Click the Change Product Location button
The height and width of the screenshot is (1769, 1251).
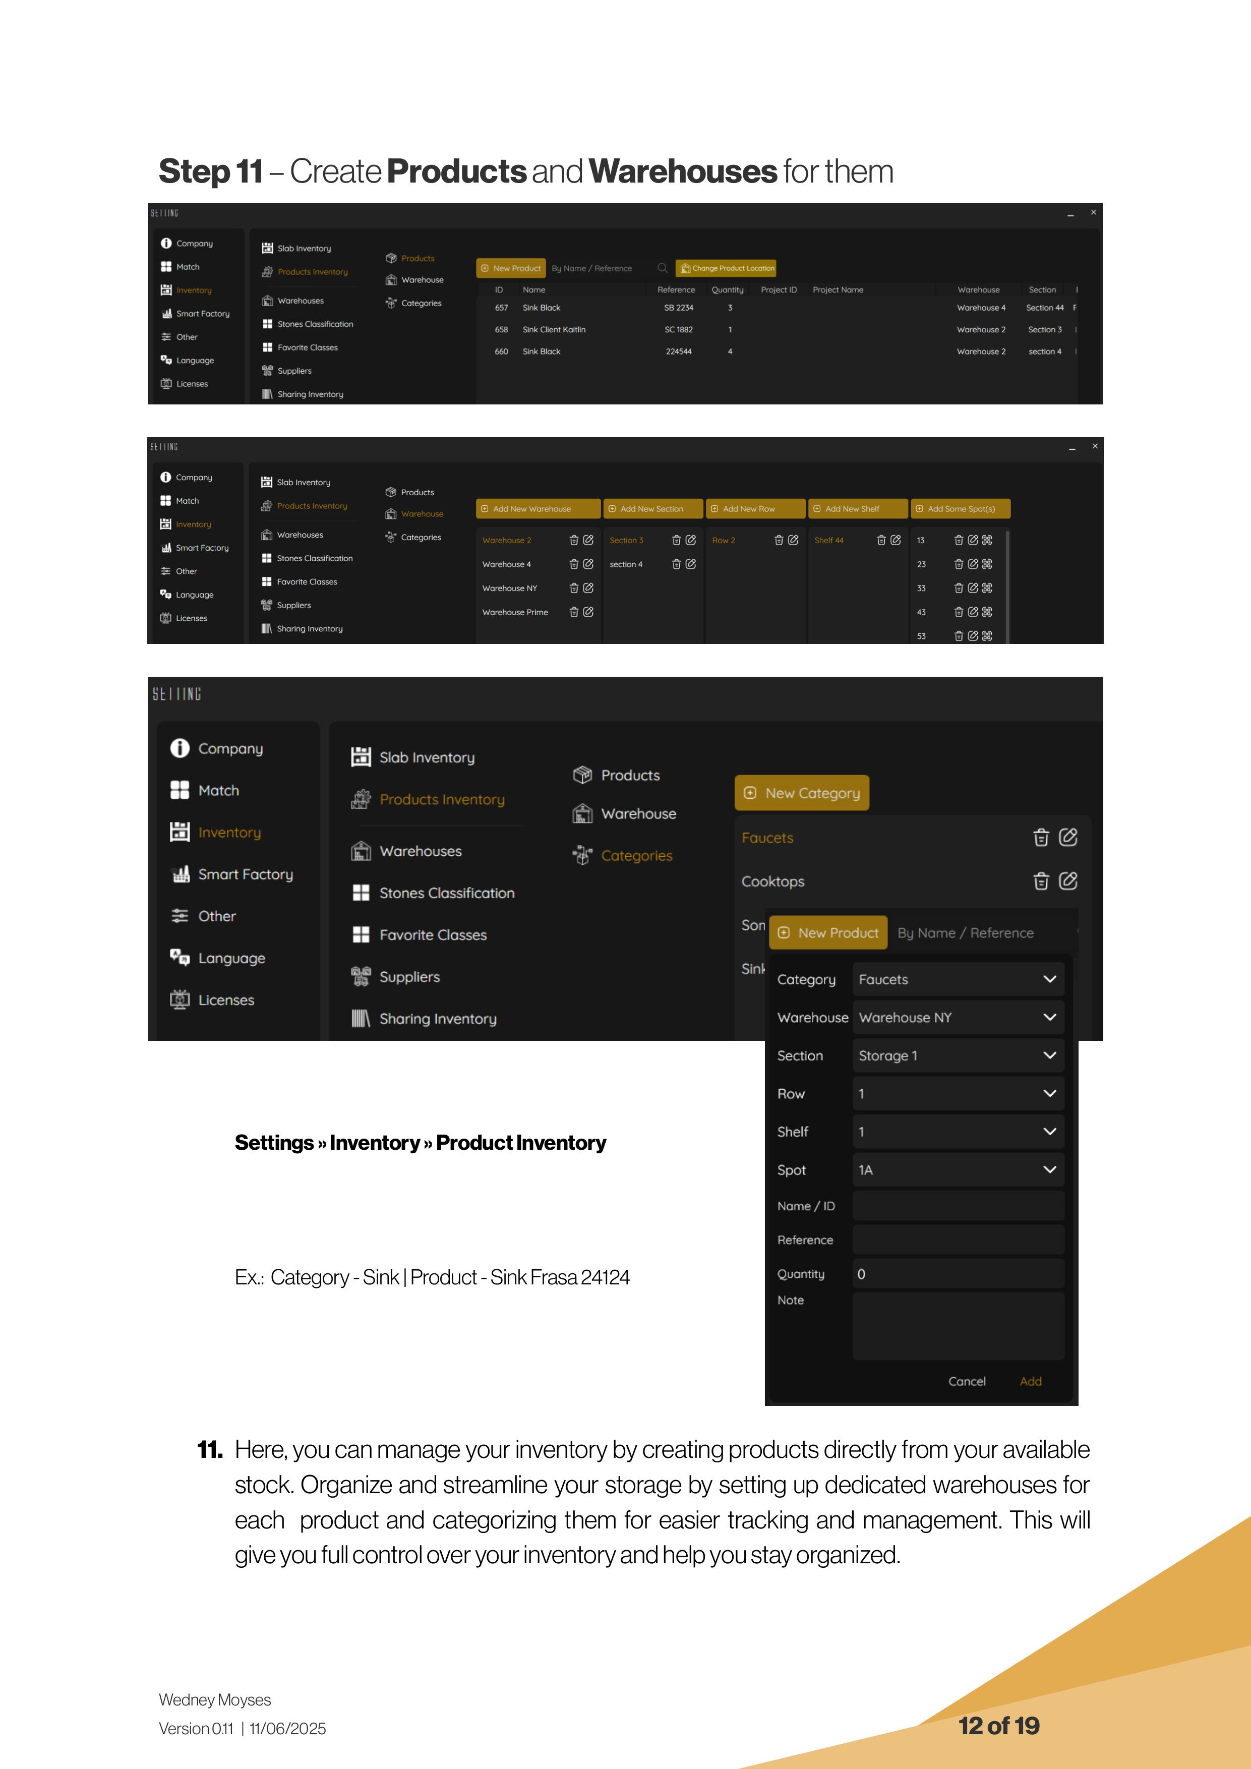click(726, 268)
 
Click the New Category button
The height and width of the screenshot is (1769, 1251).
click(802, 793)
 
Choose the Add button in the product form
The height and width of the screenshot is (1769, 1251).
click(1030, 1381)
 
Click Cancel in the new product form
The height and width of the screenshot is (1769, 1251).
click(967, 1381)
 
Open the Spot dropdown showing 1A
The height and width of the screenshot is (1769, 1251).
click(958, 1169)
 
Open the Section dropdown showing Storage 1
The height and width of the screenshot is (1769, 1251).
click(958, 1055)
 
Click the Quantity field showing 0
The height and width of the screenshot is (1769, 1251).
click(958, 1274)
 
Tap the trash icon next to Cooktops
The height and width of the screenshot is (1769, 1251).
click(1041, 881)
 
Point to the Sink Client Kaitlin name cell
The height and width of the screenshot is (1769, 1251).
click(554, 330)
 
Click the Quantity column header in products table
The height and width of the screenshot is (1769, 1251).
click(727, 289)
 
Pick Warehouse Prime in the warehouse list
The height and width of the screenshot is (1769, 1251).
click(515, 613)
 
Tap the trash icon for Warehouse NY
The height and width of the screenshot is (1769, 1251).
click(574, 588)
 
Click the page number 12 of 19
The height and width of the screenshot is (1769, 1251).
click(998, 1726)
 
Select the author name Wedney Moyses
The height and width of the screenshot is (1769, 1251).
click(215, 1699)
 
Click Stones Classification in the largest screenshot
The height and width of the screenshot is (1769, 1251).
click(447, 893)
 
